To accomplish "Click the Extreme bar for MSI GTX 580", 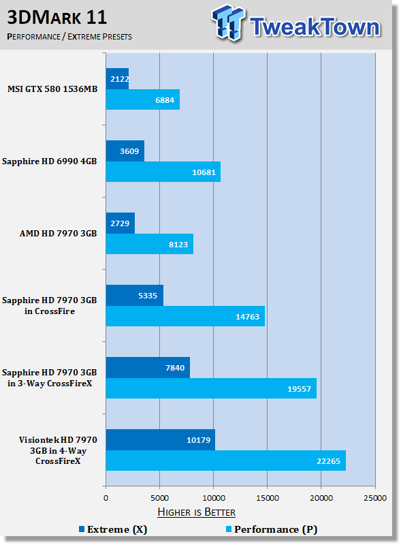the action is point(118,79).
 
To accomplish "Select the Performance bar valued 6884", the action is point(143,99).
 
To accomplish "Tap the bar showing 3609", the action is point(125,151).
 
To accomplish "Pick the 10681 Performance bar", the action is point(163,172).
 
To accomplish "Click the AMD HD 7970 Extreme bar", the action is point(121,223).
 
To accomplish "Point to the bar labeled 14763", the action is point(185,316).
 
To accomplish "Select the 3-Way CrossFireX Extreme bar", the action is point(148,367).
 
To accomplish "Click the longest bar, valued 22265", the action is point(226,461).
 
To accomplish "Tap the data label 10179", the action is point(198,440).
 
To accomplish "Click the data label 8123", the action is point(178,245).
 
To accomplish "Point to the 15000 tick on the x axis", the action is point(268,498).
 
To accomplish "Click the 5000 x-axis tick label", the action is point(160,498).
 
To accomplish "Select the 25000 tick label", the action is point(375,498).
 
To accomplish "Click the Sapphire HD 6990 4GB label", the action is point(49,161).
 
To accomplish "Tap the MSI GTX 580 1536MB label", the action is point(52,89).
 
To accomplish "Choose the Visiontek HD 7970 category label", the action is point(58,450).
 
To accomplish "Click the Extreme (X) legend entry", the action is point(113,529).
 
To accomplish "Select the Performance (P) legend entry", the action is point(272,529).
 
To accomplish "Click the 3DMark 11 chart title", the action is point(57,18).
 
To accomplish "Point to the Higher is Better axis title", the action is point(196,512).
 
